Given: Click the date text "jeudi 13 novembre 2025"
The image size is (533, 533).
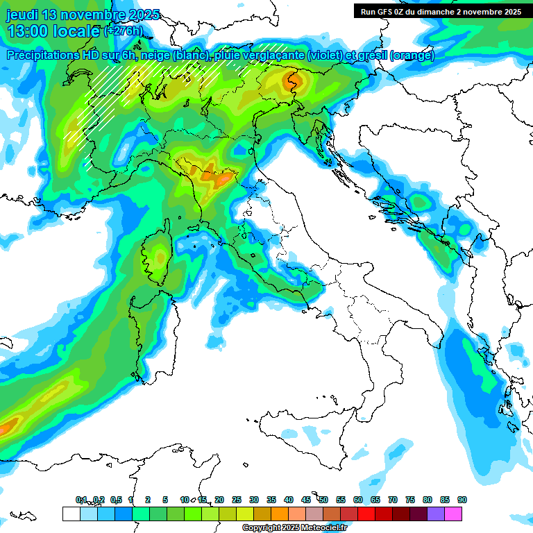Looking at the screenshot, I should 83,15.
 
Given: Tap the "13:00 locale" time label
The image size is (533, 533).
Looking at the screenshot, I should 53,31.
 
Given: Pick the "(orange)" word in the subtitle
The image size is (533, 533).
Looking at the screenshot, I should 412,56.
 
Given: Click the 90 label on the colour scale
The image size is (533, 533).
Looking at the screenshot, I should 462,500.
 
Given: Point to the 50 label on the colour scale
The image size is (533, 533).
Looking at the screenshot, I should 323,500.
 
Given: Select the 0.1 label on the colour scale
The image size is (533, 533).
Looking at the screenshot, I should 82,500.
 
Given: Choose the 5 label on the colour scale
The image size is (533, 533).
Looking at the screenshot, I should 165,500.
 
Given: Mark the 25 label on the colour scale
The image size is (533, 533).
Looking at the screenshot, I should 237,500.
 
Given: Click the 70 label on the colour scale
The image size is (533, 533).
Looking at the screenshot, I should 393,500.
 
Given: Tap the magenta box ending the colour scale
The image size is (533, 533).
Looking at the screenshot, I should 453,514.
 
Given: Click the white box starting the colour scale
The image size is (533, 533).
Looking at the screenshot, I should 71,514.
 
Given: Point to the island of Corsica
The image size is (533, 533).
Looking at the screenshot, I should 158,253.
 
